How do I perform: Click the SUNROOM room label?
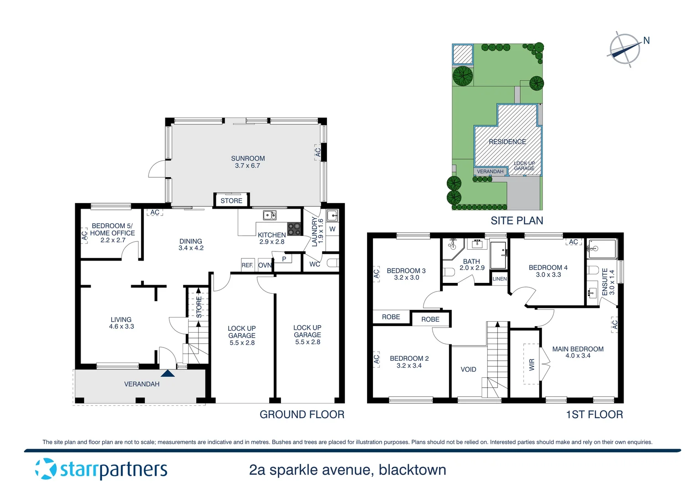point(248,159)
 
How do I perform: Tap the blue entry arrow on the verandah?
point(168,374)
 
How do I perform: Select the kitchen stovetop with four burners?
point(294,229)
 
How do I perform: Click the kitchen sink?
point(270,215)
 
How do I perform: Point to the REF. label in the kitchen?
point(247,265)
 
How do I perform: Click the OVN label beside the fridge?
point(265,265)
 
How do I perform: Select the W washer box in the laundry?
point(332,229)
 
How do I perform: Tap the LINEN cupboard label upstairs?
point(500,279)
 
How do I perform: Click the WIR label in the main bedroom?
point(532,364)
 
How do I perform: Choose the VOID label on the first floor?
point(468,369)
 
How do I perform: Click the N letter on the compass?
point(646,41)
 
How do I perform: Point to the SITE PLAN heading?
point(517,221)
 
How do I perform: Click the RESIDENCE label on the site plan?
point(507,142)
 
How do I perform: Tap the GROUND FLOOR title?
point(302,415)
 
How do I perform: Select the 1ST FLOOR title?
point(594,415)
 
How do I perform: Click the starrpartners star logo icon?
point(46,469)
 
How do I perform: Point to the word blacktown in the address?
point(412,470)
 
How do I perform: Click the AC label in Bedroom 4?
point(573,242)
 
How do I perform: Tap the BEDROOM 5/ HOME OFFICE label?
point(113,230)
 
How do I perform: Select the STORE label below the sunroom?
point(231,200)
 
